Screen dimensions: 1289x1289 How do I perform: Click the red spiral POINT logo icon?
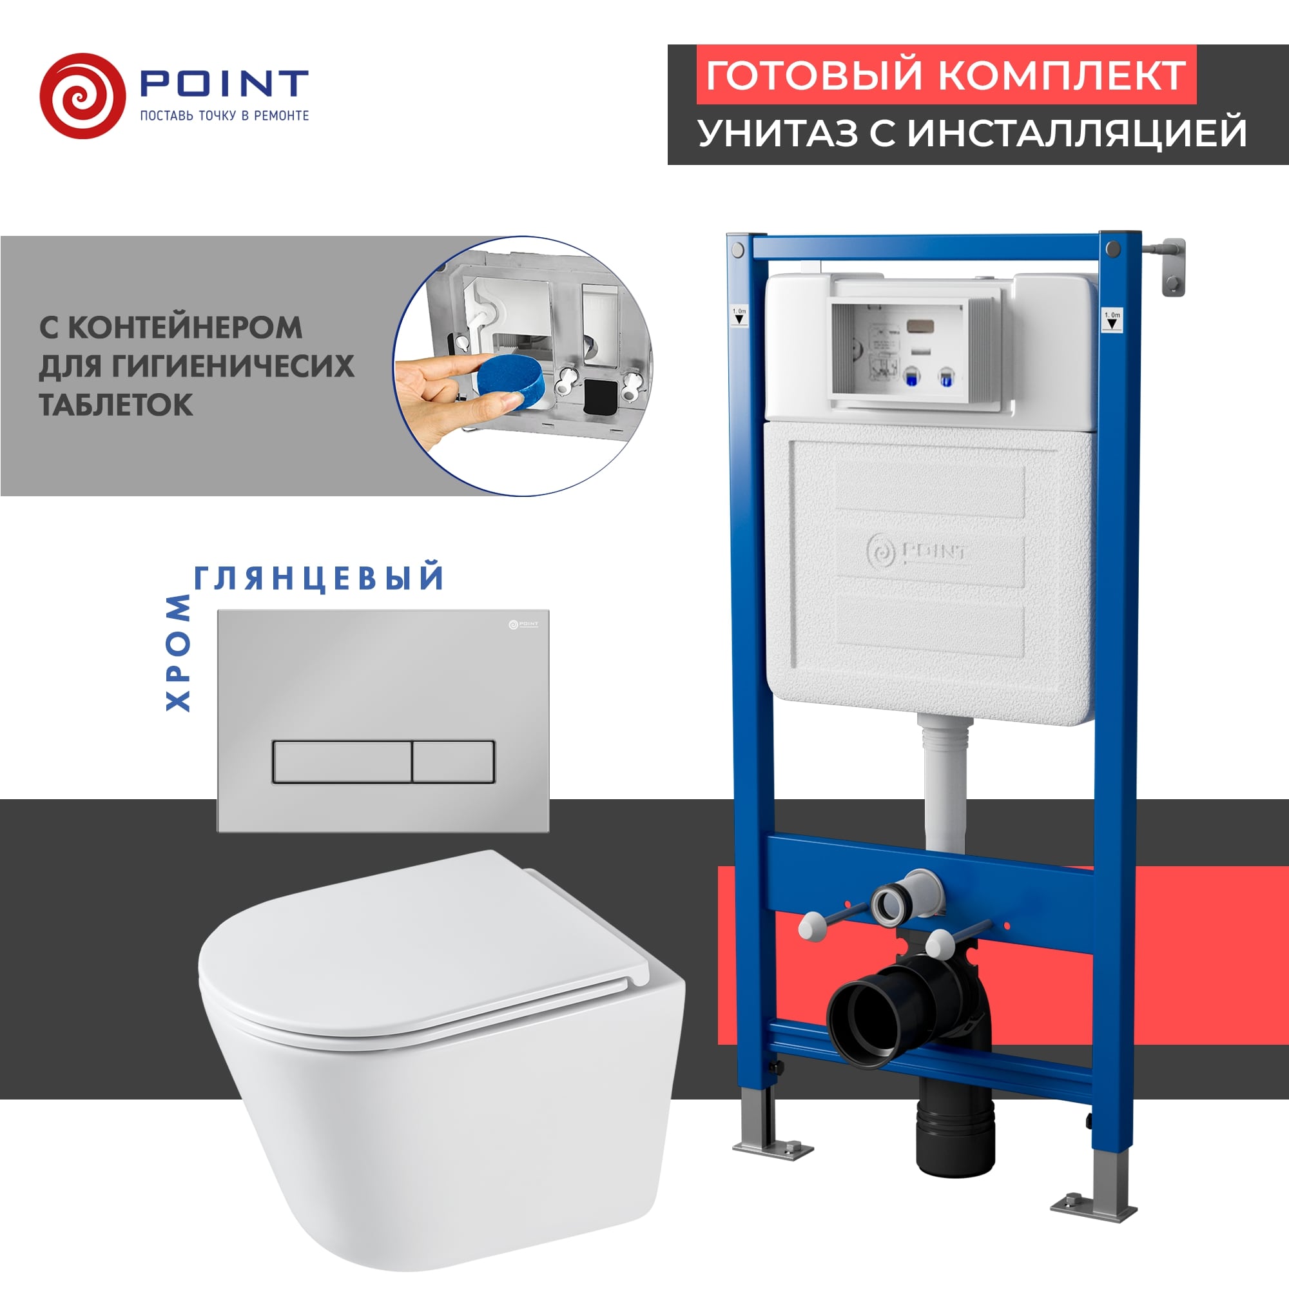pos(82,96)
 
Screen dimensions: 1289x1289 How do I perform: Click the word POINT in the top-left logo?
pos(224,83)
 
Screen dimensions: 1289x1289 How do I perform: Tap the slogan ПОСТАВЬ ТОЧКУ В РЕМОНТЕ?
pos(224,115)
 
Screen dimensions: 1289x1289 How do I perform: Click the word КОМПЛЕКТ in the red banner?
pos(1063,75)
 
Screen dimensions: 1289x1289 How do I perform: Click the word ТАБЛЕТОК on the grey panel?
pos(116,405)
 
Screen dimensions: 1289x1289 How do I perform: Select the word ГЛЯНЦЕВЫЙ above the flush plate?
pos(319,577)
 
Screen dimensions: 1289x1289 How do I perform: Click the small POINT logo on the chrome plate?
pos(524,625)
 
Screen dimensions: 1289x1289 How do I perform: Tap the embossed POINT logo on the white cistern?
pos(916,552)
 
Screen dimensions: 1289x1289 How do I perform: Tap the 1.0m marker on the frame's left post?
pos(739,316)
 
